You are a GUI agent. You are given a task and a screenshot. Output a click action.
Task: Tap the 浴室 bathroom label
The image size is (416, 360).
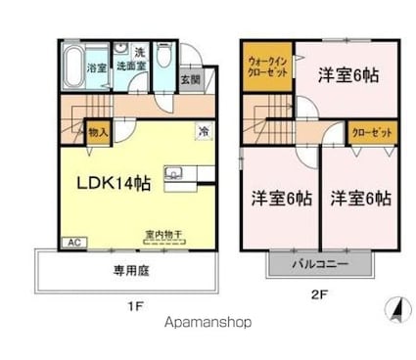tap(96, 68)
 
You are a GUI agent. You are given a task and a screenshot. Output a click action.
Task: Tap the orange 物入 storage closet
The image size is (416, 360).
tap(98, 131)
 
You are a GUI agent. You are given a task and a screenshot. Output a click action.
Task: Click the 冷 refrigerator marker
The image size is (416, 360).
tap(204, 130)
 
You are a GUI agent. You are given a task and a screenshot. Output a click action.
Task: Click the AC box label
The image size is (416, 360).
tap(71, 241)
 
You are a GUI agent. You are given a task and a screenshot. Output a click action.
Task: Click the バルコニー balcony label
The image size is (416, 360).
tap(319, 262)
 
